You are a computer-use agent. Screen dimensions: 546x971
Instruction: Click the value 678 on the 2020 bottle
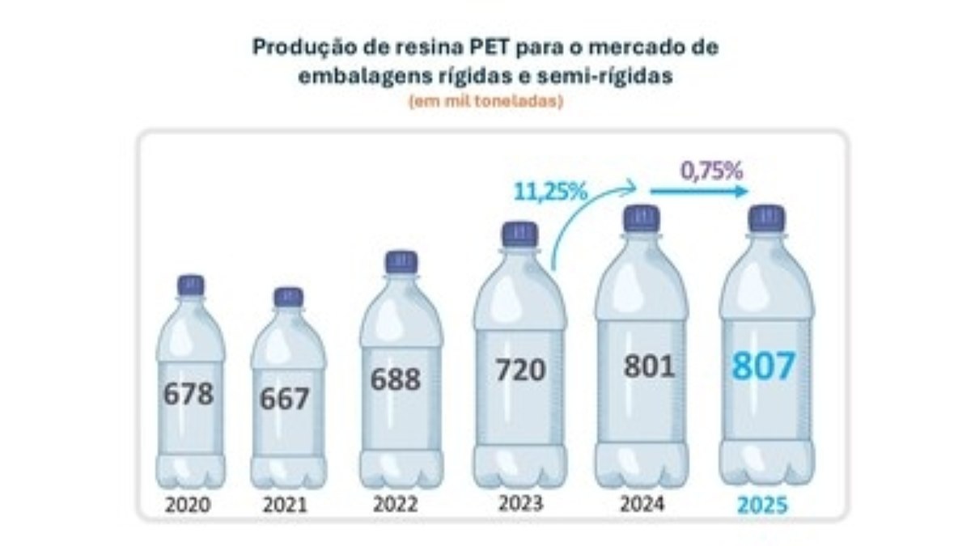click(x=189, y=394)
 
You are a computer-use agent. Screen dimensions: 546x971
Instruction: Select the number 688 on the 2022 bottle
click(x=396, y=379)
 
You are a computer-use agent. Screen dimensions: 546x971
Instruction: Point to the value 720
click(x=520, y=370)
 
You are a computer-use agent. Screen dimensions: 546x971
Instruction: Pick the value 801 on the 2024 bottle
click(x=649, y=366)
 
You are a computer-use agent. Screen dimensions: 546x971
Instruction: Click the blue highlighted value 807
click(x=765, y=366)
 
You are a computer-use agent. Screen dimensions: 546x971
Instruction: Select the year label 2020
click(x=188, y=506)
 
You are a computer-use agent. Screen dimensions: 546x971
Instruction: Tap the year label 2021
click(x=285, y=506)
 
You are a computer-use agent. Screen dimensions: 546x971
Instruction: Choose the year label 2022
click(x=396, y=505)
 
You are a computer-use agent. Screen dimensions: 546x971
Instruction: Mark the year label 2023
click(x=520, y=503)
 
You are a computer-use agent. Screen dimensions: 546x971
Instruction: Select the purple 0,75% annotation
click(x=711, y=171)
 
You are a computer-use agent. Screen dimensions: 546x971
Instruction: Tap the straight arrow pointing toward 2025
click(x=700, y=193)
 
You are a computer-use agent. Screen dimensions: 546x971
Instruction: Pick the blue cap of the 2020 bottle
click(x=191, y=285)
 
